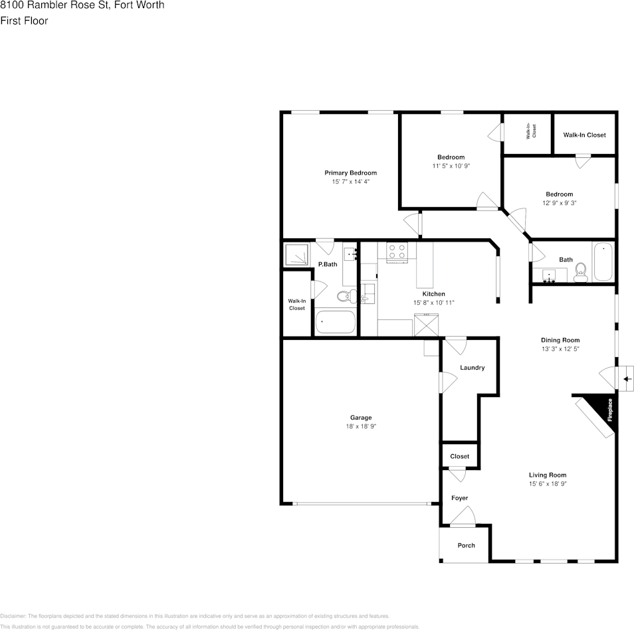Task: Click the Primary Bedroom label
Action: [x=350, y=173]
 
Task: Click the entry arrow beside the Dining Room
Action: [x=626, y=379]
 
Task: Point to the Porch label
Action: [x=467, y=545]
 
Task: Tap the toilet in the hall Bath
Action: [x=580, y=272]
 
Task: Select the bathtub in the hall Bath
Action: [x=604, y=262]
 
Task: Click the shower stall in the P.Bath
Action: [x=296, y=255]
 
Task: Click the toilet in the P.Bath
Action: [x=345, y=296]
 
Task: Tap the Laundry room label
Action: [x=472, y=368]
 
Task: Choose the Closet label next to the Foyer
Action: [x=459, y=456]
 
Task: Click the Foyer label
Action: [x=459, y=498]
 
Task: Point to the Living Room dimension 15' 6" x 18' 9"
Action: [x=548, y=484]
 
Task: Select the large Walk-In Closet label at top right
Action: [x=584, y=135]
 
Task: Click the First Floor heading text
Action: [x=24, y=21]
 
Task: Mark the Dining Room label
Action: [x=560, y=340]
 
